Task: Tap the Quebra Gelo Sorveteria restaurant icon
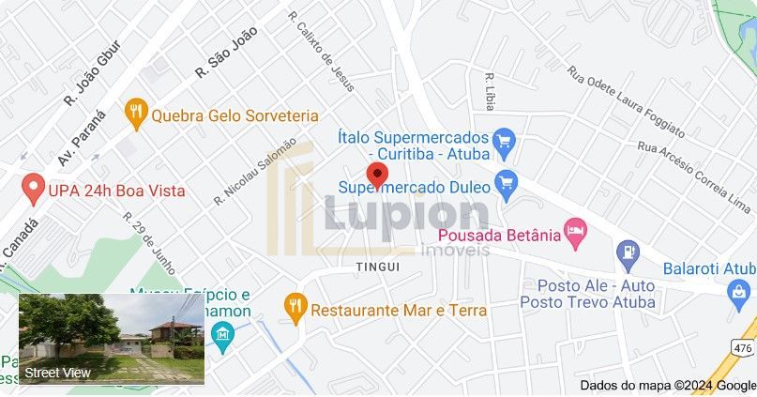click(137, 115)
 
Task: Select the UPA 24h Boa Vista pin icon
click(34, 189)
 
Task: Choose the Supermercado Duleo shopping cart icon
click(507, 183)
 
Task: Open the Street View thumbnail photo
click(112, 339)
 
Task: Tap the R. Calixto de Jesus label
click(322, 52)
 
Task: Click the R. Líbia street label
click(489, 91)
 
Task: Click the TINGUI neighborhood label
click(378, 267)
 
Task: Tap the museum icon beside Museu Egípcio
click(222, 335)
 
